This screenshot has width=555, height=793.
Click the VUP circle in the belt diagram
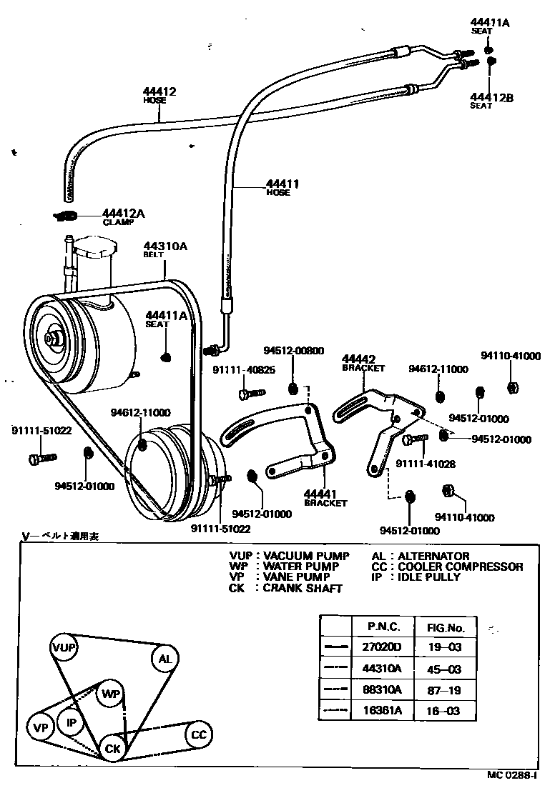point(64,648)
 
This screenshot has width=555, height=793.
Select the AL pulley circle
point(164,659)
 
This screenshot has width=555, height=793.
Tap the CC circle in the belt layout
point(199,734)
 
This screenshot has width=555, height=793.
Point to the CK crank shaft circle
point(112,748)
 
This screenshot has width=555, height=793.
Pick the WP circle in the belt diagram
point(110,694)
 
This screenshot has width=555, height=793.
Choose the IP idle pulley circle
point(71,722)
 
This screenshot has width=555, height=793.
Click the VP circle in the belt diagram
point(40,728)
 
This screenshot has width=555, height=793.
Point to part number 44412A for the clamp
point(124,213)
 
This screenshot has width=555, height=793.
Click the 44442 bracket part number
point(359,359)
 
